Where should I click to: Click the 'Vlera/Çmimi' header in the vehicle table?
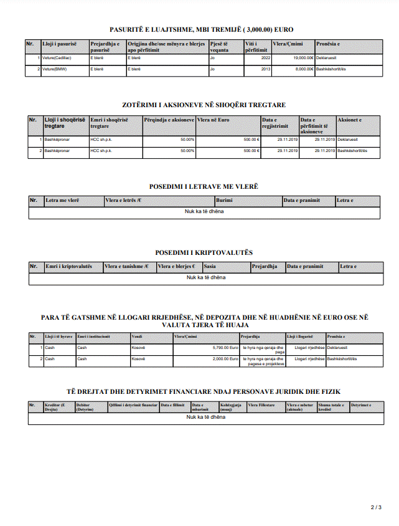[x=288, y=44]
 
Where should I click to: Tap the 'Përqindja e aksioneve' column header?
[x=169, y=120]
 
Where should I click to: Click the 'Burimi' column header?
[x=225, y=201]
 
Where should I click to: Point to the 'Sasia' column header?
[x=210, y=267]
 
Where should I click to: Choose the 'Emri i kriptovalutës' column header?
[x=69, y=267]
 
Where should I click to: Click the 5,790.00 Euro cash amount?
[x=225, y=348]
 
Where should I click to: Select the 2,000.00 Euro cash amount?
[x=225, y=359]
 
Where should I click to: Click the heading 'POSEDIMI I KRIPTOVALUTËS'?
[x=204, y=253]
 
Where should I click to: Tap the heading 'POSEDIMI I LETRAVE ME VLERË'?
[x=204, y=187]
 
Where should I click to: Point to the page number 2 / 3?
[x=376, y=508]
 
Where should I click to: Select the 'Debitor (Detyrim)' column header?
[x=85, y=407]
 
